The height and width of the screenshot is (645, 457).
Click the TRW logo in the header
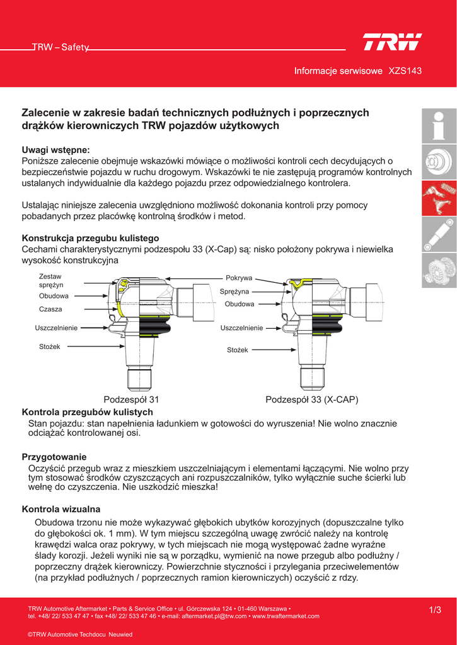pyautogui.click(x=391, y=43)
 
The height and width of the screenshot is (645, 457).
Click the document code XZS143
pyautogui.click(x=405, y=71)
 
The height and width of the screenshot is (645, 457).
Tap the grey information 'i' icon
pyautogui.click(x=439, y=125)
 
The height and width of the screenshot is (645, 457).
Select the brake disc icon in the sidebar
pyautogui.click(x=439, y=163)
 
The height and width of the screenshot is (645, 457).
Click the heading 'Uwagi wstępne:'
pyautogui.click(x=56, y=150)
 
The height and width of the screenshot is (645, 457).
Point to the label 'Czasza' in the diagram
pyautogui.click(x=50, y=309)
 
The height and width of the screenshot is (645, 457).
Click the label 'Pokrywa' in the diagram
pyautogui.click(x=239, y=278)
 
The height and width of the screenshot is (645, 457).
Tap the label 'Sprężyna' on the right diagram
pyautogui.click(x=234, y=292)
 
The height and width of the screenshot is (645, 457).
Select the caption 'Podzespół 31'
pyautogui.click(x=131, y=400)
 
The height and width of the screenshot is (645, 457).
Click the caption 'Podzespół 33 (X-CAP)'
pyautogui.click(x=312, y=400)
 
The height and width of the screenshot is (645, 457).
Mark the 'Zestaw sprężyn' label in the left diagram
pyautogui.click(x=50, y=281)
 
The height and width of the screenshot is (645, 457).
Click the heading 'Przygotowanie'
pyautogui.click(x=54, y=457)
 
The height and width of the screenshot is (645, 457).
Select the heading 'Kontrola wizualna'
pyautogui.click(x=61, y=509)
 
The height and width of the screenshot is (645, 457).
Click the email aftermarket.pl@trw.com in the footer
pyautogui.click(x=214, y=616)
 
